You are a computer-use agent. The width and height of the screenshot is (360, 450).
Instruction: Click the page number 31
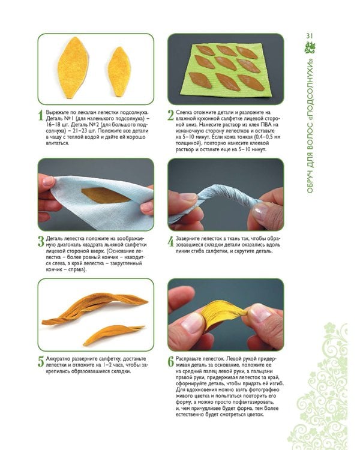pos(310,35)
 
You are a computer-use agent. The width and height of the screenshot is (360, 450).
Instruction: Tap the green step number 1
pos(40,116)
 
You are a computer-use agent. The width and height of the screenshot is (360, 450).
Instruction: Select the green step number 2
pos(170,116)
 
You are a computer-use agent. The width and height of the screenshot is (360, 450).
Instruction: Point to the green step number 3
pos(41,242)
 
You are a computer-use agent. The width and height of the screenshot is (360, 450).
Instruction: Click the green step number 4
pos(171,242)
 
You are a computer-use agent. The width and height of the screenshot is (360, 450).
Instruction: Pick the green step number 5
pos(41,362)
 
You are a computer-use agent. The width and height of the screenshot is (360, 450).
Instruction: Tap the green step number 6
pos(171,362)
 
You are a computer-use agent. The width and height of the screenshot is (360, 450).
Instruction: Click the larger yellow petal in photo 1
pos(73,67)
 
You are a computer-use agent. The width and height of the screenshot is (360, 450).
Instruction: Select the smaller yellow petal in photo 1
pos(119,72)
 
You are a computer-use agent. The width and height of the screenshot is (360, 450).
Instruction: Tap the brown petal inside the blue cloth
pos(105,195)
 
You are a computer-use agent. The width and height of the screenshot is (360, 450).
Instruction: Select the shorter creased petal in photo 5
pos(113,334)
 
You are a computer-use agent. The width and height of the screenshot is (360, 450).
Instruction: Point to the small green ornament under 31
pos(310,47)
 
